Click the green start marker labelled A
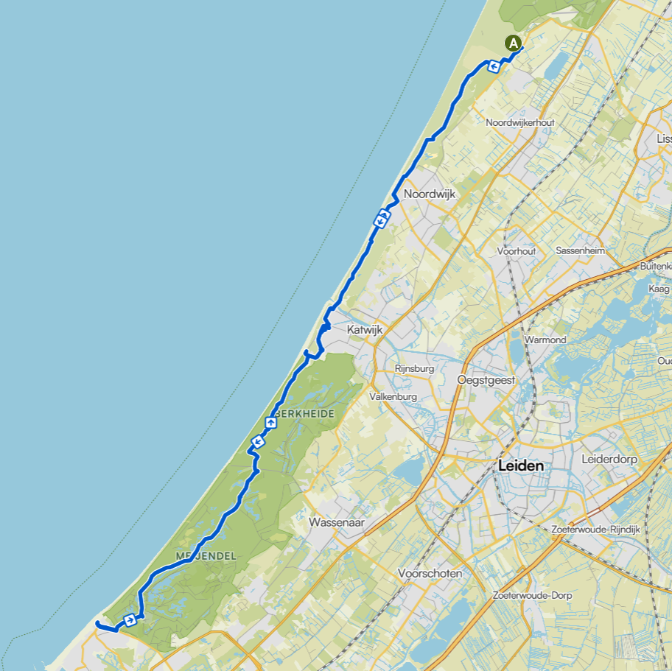tap(513, 43)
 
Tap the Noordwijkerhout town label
tap(520, 122)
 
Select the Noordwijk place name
tap(430, 194)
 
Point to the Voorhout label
tap(516, 251)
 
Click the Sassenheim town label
tap(580, 250)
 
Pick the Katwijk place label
tap(365, 331)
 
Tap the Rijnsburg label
tap(414, 368)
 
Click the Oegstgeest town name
tap(486, 380)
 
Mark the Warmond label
tap(545, 340)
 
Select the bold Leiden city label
tap(521, 466)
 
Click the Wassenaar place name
tap(337, 522)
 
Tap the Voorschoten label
tap(430, 573)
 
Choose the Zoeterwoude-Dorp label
tap(533, 595)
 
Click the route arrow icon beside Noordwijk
tap(382, 218)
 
